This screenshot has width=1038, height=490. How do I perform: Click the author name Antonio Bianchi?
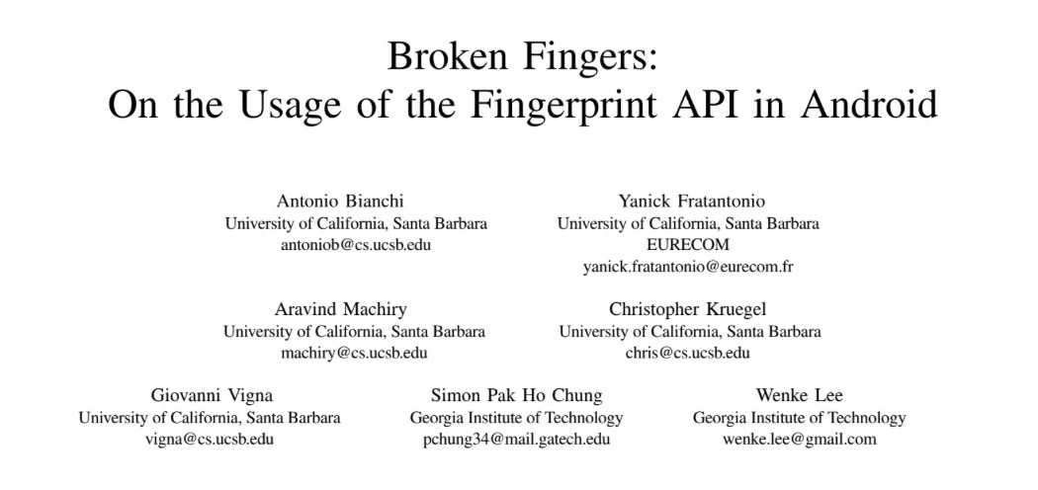[x=340, y=201]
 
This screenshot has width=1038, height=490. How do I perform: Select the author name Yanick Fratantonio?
[x=691, y=201]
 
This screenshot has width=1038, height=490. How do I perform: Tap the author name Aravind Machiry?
[x=340, y=309]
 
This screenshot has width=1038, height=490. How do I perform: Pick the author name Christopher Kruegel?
[x=687, y=309]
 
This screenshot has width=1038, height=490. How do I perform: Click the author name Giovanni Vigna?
[x=212, y=395]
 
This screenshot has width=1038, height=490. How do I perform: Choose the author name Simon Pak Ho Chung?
[x=516, y=395]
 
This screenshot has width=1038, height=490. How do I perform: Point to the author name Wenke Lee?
[x=799, y=395]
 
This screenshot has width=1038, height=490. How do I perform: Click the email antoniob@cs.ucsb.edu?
[x=356, y=245]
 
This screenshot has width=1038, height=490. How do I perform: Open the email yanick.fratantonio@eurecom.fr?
[x=688, y=267]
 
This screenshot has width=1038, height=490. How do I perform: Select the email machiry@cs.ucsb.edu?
[x=354, y=353]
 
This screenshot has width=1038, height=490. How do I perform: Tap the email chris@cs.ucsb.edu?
[x=687, y=353]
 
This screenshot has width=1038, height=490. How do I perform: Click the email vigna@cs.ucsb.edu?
[x=210, y=439]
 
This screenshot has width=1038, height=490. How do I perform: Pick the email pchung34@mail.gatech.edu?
[x=516, y=439]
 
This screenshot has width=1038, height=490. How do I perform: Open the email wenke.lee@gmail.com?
[x=799, y=439]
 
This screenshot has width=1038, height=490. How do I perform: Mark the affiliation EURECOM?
[x=688, y=245]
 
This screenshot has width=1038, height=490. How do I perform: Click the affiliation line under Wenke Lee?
[x=799, y=417]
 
